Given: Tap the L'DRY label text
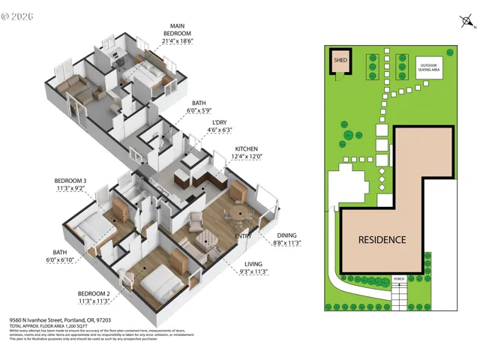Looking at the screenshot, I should click(x=220, y=122).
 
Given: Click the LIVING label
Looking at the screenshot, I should click(x=255, y=264).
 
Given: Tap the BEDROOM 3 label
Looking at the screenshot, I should click(x=70, y=181).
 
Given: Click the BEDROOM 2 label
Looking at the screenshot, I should click(x=94, y=293).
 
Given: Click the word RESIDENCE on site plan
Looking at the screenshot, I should click(x=382, y=240).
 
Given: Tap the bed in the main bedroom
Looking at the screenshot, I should click(x=150, y=76).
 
